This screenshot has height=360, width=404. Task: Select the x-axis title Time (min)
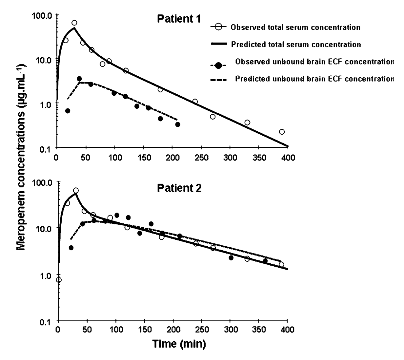(x=179, y=344)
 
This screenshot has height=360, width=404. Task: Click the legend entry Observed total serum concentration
(x=295, y=27)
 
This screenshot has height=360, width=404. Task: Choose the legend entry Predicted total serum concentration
(x=296, y=45)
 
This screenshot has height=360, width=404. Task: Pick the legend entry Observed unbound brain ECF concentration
(x=314, y=62)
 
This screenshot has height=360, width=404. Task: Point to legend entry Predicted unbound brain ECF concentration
(x=314, y=79)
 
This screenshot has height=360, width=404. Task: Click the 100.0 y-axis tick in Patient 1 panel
(x=46, y=15)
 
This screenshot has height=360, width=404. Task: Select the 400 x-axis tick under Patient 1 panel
(x=288, y=158)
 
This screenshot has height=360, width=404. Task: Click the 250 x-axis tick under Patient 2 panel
(x=202, y=330)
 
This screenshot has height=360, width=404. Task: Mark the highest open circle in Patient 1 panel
(x=74, y=23)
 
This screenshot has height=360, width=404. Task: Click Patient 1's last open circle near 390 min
(x=282, y=132)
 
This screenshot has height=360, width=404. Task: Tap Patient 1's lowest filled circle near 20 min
(x=68, y=111)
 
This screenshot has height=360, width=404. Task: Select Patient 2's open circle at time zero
(x=59, y=280)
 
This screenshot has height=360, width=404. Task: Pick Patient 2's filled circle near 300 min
(x=231, y=258)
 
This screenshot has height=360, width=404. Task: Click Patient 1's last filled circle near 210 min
(x=178, y=124)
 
